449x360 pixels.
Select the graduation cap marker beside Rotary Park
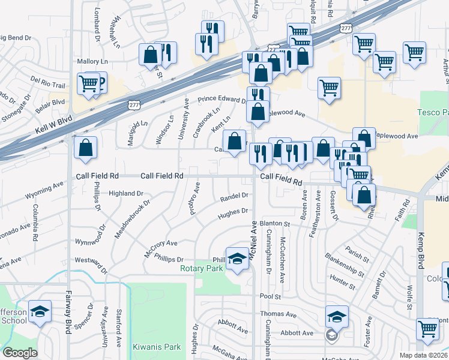click(x=238, y=258)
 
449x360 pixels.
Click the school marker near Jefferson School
click(x=40, y=312)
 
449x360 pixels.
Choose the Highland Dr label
click(x=126, y=194)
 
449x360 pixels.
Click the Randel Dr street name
click(x=234, y=196)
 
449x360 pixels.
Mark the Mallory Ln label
click(x=92, y=61)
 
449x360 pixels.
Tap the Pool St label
click(x=271, y=296)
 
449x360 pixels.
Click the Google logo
click(x=20, y=353)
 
